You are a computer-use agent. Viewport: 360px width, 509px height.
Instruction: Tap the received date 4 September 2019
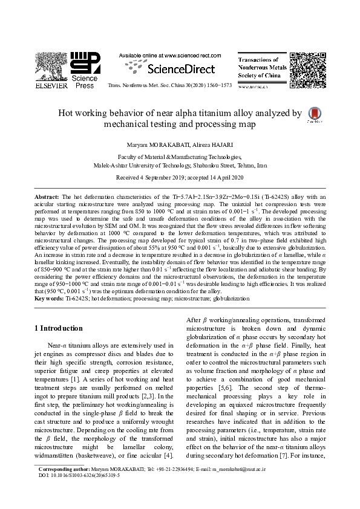point(159,178)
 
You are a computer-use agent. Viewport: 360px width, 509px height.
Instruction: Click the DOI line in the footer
point(79,476)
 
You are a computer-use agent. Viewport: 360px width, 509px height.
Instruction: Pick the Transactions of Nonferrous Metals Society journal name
point(262,68)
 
